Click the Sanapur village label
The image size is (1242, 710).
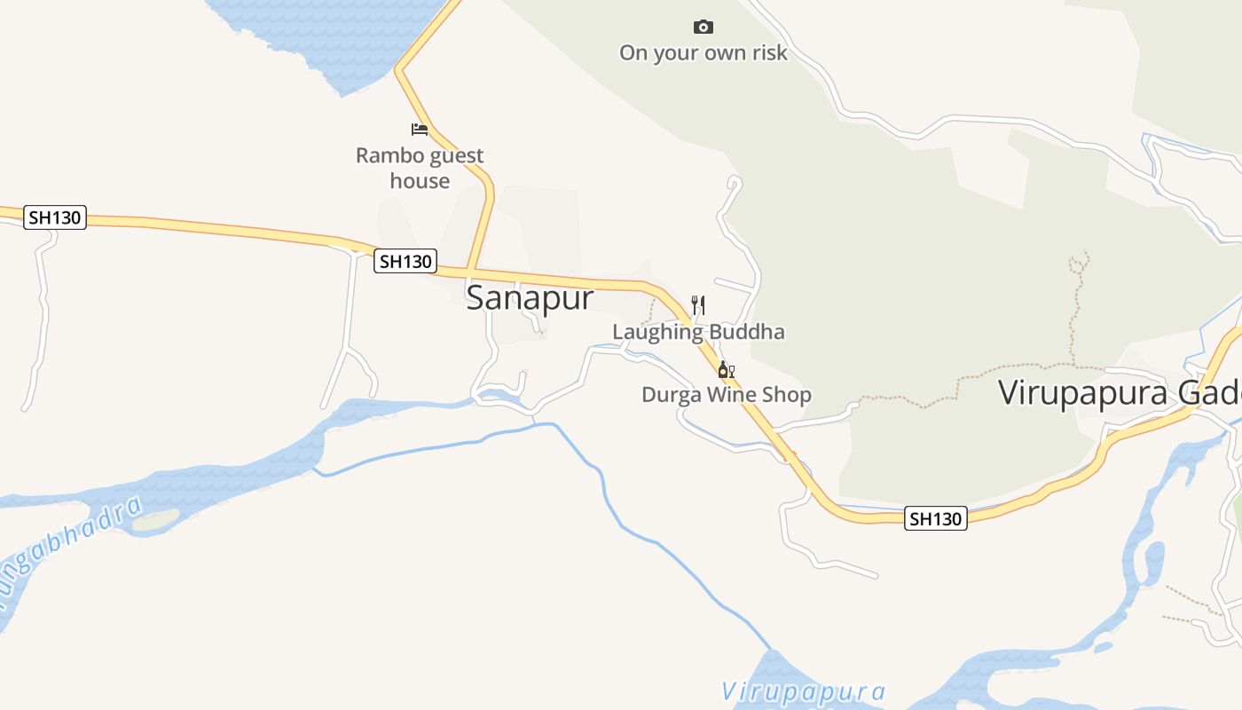click(x=530, y=297)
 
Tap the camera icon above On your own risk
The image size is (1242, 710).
click(x=704, y=28)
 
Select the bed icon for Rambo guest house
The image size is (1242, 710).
click(x=420, y=130)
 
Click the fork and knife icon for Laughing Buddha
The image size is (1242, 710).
click(x=698, y=305)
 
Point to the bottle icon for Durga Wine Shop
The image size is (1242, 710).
click(x=725, y=369)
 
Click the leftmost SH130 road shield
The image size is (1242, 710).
click(x=55, y=217)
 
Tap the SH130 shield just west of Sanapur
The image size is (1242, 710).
click(x=405, y=261)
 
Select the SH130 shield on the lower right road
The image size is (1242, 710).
click(x=936, y=518)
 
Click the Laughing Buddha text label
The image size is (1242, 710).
click(x=698, y=332)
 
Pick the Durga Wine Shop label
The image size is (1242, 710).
click(x=727, y=395)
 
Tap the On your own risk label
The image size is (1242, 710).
click(x=703, y=53)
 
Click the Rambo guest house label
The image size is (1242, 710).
click(x=420, y=168)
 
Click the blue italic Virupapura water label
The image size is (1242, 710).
click(x=803, y=691)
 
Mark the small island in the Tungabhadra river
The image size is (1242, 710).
click(x=156, y=520)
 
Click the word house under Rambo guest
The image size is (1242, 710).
click(x=420, y=181)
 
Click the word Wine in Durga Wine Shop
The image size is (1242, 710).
click(x=727, y=395)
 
